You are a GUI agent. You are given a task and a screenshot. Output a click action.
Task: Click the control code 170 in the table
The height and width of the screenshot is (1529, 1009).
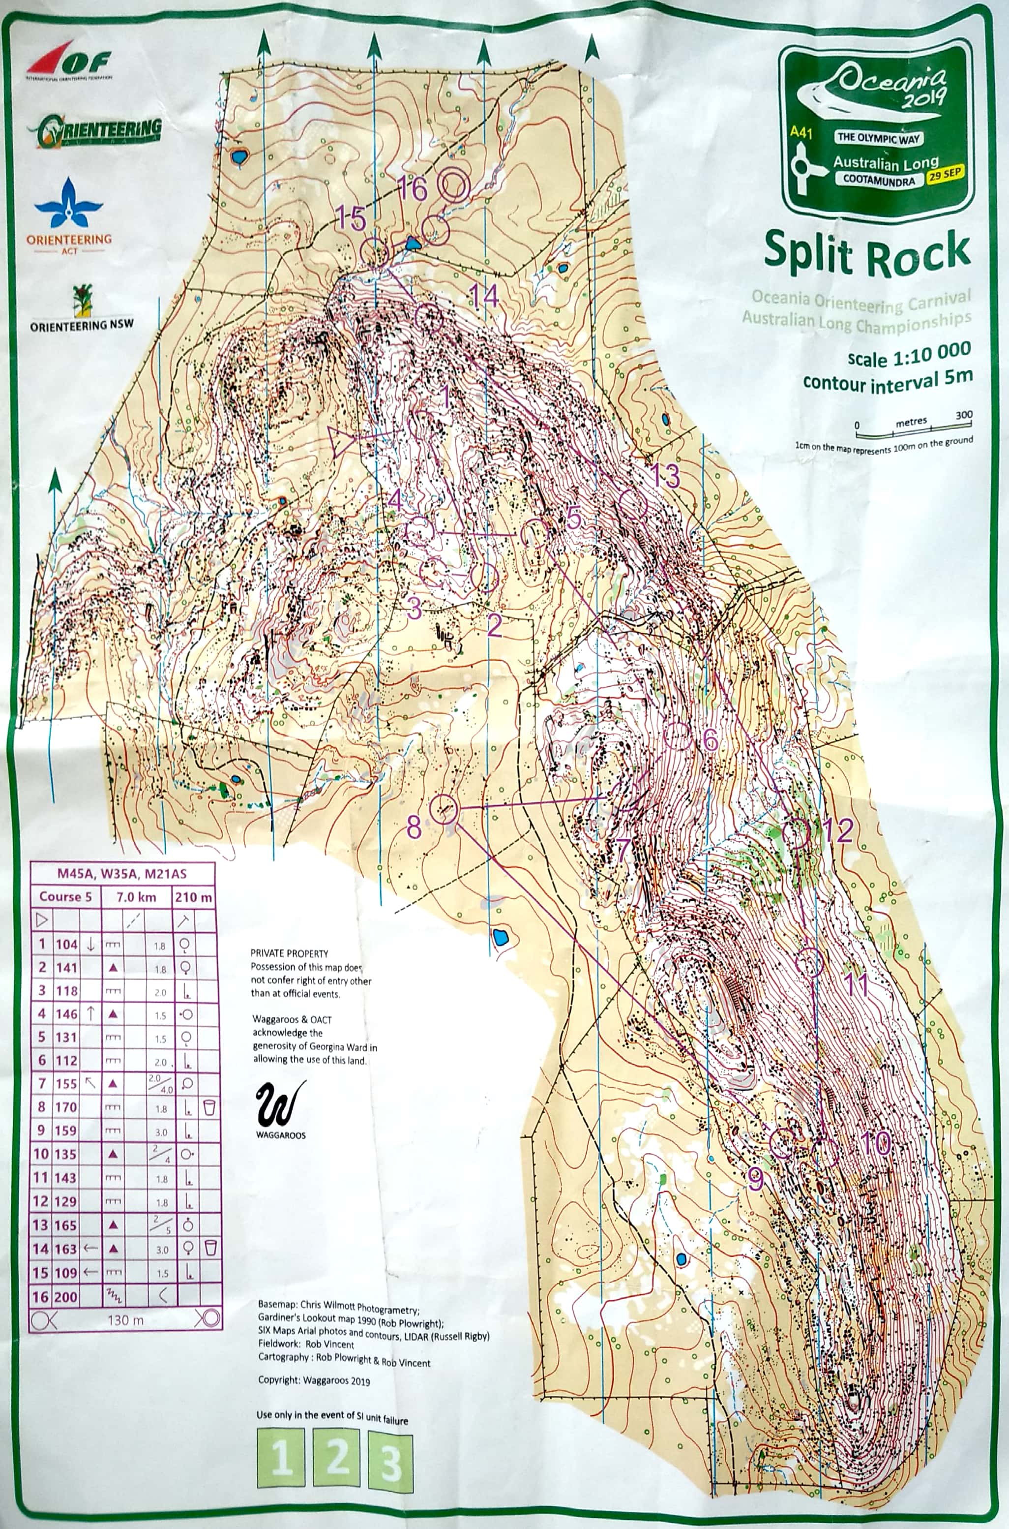coord(65,1107)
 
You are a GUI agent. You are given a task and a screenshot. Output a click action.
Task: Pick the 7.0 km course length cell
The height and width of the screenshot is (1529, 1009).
coord(136,897)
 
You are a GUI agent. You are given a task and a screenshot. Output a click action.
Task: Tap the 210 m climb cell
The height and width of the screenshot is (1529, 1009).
coord(193,897)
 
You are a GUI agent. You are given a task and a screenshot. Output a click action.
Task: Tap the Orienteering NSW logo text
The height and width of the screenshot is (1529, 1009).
coord(82,326)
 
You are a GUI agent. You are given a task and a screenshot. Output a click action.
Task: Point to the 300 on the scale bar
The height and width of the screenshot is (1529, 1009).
coord(963,415)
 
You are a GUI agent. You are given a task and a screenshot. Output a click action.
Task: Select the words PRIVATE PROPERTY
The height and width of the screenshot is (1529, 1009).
coord(289,953)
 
